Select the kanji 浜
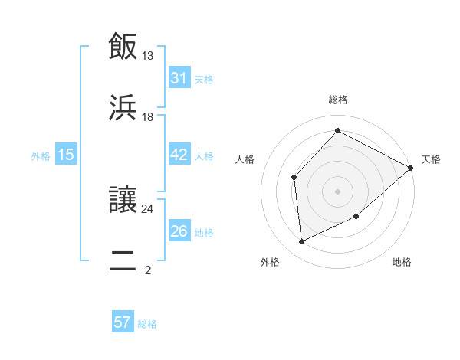(124, 108)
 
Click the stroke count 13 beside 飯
(148, 56)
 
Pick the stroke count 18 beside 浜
(148, 117)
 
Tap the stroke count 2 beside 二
(148, 270)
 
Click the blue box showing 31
(179, 78)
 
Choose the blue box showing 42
(179, 155)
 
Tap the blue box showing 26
(179, 231)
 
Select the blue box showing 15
(66, 155)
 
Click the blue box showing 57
(123, 322)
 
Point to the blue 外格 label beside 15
(41, 155)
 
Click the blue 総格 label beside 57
(147, 324)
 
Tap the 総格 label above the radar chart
(337, 100)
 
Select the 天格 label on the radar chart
(431, 159)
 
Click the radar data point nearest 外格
(301, 242)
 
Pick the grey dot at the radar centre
(337, 191)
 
